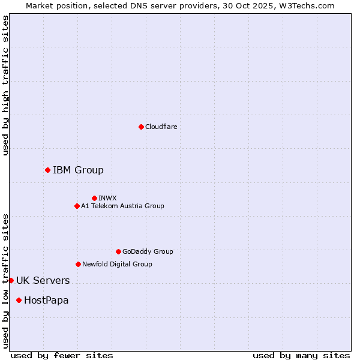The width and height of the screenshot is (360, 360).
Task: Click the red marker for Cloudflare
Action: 141,127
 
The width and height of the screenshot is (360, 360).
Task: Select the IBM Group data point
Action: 47,170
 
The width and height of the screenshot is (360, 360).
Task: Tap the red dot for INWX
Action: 94,198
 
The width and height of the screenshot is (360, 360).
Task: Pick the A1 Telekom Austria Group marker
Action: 77,206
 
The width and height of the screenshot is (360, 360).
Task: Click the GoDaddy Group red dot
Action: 118,251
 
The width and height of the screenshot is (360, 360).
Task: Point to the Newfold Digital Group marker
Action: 78,264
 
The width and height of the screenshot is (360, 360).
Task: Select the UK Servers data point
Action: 11,280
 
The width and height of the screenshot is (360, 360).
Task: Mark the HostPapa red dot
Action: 19,300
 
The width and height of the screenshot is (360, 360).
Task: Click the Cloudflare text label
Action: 161,127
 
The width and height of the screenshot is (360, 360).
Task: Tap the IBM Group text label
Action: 78,170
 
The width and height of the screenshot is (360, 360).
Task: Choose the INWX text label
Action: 108,198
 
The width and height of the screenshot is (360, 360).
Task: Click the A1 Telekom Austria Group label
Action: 122,206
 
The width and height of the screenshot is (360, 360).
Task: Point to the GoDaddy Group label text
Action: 148,251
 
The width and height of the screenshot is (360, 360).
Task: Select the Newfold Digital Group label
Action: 117,264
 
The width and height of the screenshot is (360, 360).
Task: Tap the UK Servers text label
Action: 43,280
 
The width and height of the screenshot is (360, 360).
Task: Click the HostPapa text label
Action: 46,300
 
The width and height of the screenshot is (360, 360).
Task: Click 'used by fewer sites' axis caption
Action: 62,355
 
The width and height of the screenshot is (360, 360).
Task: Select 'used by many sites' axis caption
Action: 301,355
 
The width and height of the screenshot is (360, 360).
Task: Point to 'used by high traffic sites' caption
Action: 5,85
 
